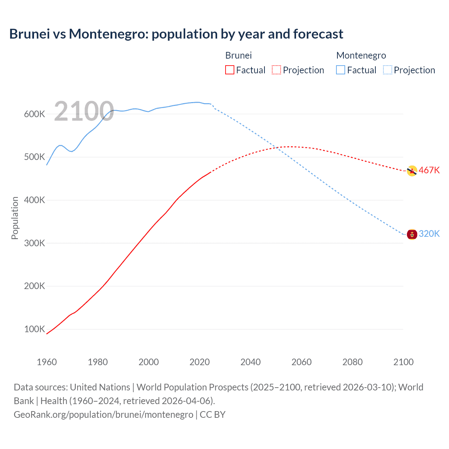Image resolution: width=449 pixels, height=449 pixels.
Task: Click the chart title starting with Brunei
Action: click(176, 34)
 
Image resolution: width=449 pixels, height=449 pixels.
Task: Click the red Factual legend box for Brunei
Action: click(229, 70)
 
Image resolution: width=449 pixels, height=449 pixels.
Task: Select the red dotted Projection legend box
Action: click(276, 70)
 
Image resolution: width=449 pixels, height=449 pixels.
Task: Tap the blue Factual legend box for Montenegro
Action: click(340, 70)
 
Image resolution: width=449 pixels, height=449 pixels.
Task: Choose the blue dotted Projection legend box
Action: click(387, 70)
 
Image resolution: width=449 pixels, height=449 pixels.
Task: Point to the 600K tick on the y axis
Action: click(34, 114)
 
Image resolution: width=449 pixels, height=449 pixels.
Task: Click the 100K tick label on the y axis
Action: click(34, 329)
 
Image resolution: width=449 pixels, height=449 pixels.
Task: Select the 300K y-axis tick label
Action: click(34, 243)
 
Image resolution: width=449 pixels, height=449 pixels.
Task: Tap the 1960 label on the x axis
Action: click(47, 362)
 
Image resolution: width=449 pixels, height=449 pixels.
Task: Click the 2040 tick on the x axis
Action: click(250, 362)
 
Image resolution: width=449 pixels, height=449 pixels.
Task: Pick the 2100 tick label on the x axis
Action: click(403, 362)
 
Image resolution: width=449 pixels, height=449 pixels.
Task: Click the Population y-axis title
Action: click(15, 218)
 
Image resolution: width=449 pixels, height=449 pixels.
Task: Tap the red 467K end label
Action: click(429, 170)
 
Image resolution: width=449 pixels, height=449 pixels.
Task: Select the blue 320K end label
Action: click(429, 234)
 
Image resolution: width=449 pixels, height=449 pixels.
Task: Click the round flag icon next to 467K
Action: click(412, 171)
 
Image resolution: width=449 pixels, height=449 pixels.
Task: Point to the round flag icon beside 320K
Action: click(412, 234)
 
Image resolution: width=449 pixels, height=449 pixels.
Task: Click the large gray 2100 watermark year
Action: click(84, 111)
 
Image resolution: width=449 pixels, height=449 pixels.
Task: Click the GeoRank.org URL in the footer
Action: click(103, 414)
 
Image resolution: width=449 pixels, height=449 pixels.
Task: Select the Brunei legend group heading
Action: click(238, 55)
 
